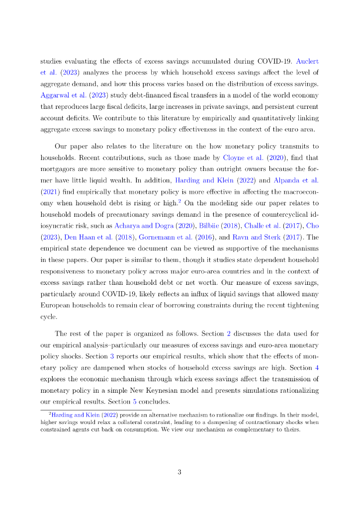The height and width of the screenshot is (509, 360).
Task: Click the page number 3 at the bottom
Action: pos(180,472)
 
